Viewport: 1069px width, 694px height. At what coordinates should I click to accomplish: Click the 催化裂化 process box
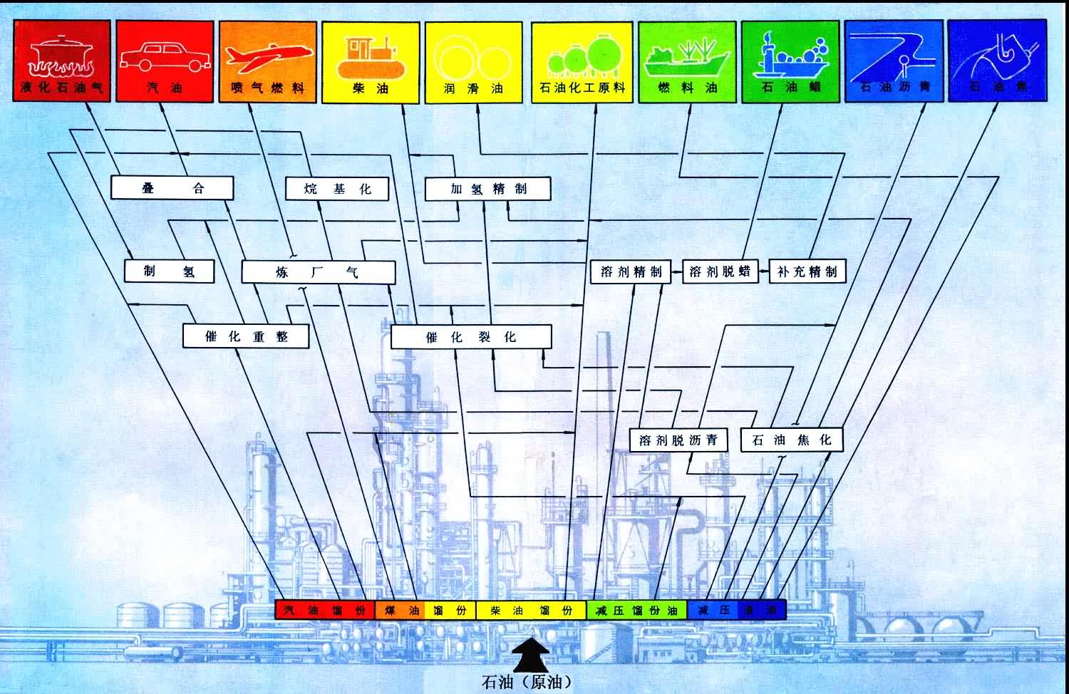[x=471, y=336]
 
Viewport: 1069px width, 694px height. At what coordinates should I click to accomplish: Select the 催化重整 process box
[x=246, y=336]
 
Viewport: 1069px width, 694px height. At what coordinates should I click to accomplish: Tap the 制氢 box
[x=169, y=271]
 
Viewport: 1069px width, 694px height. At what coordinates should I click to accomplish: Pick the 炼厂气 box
[x=318, y=271]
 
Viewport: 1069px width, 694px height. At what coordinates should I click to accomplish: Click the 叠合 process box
[x=172, y=188]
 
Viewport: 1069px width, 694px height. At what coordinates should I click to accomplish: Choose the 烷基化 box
[x=337, y=189]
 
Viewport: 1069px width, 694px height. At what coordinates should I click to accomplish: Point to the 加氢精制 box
[x=488, y=189]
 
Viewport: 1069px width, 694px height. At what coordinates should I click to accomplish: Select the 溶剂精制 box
[x=631, y=271]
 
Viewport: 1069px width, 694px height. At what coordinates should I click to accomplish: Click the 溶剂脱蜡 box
[x=720, y=271]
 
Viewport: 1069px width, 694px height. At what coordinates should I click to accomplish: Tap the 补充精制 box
[x=807, y=271]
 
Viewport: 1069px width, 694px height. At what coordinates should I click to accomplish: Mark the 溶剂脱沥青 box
[x=678, y=440]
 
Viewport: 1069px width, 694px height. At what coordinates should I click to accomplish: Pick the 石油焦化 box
[x=792, y=440]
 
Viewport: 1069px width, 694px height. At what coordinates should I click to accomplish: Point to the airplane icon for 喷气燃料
[x=267, y=57]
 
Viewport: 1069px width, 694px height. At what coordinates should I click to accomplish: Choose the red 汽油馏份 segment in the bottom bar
[x=325, y=610]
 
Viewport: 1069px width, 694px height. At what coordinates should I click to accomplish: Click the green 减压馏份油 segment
[x=636, y=610]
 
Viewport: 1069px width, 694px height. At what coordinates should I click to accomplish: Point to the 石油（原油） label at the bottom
[x=527, y=682]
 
